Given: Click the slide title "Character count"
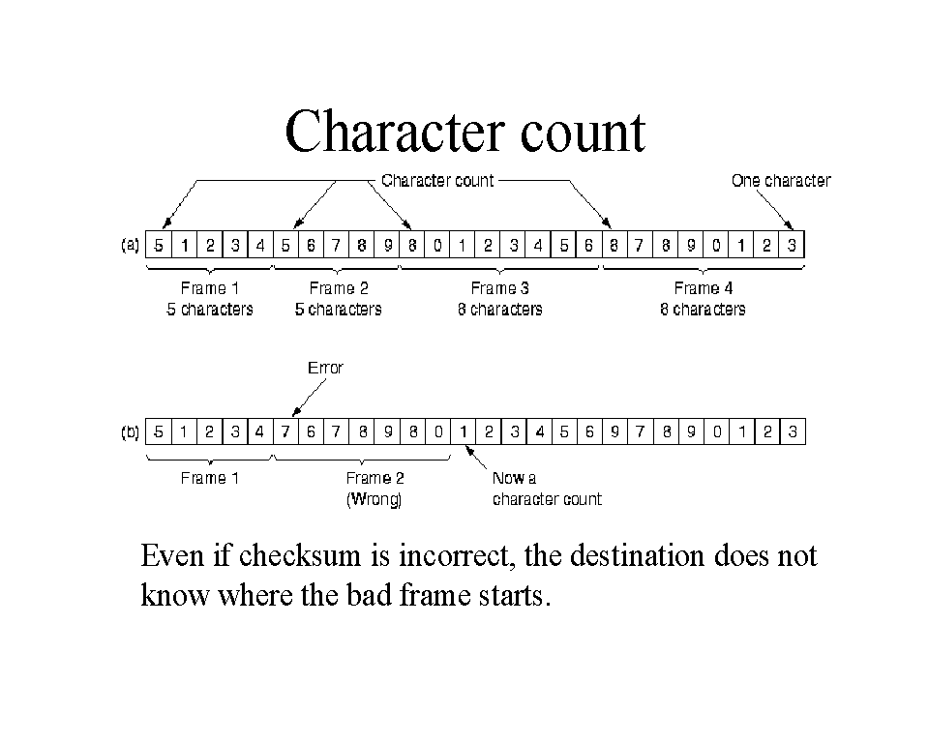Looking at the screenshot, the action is (x=465, y=132).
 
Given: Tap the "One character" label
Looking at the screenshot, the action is (x=781, y=181).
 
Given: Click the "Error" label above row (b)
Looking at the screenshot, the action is (x=325, y=368).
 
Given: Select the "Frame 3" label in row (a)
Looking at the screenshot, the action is (x=499, y=288).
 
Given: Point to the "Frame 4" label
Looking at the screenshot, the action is (x=704, y=288).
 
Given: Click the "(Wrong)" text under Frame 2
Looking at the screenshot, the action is (x=374, y=499).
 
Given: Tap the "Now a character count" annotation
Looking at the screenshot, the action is (x=547, y=489).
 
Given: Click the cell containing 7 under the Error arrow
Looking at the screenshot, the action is (x=285, y=431).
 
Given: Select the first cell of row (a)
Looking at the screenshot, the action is (x=158, y=245).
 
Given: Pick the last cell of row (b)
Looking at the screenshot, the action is (x=793, y=431).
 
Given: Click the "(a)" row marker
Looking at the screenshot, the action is (x=130, y=245).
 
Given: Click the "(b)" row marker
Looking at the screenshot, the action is (x=130, y=432).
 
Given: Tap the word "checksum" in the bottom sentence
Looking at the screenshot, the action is (x=299, y=555).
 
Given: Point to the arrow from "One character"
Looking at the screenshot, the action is (x=775, y=210).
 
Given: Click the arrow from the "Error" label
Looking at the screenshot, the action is (x=309, y=398).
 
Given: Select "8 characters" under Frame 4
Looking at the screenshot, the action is (x=703, y=310).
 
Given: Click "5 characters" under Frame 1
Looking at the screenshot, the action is (x=209, y=310).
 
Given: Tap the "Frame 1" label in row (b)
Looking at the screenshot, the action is (x=210, y=478).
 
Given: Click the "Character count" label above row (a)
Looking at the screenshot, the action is (x=437, y=181).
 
